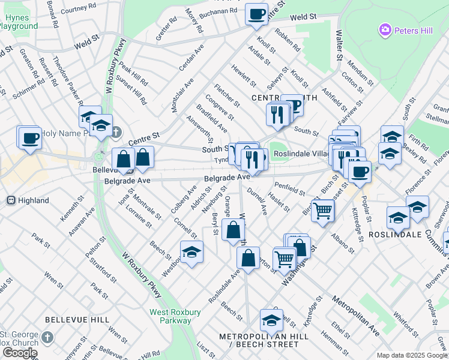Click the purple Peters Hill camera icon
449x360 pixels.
(x=385, y=29)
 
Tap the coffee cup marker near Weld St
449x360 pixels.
(x=257, y=14)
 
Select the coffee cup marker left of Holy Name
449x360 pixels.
(x=29, y=138)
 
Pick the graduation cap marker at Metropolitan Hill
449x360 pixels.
(x=271, y=322)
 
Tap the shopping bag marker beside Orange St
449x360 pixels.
(x=233, y=230)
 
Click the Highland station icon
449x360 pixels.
(x=10, y=199)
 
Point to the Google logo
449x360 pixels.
(x=20, y=353)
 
